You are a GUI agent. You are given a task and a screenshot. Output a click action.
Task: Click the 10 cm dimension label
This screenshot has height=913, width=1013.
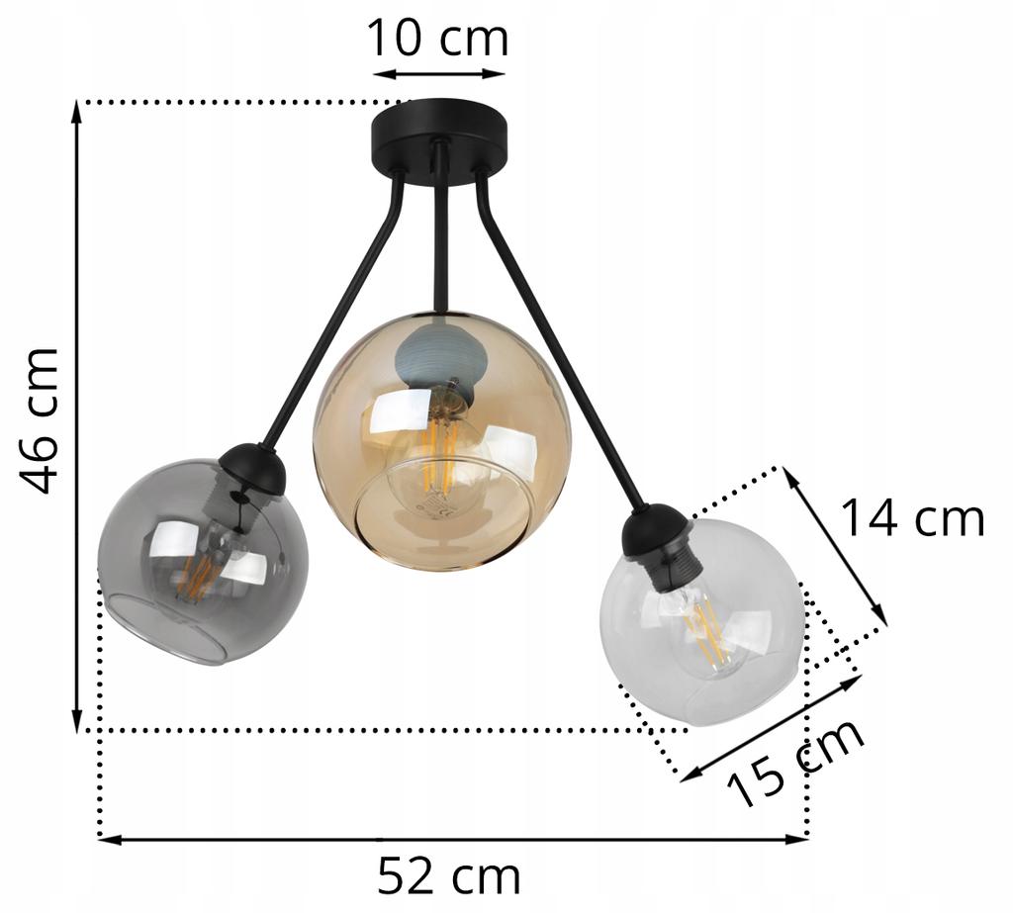(437, 39)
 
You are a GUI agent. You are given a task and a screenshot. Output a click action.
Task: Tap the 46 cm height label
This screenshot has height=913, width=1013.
(41, 419)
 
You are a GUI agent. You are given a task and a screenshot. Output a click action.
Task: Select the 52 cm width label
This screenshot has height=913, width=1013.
(448, 875)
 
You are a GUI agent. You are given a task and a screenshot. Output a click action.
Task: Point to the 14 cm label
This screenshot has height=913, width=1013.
(912, 518)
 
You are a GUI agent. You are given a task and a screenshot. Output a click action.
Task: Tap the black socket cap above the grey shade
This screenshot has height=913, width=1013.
(252, 467)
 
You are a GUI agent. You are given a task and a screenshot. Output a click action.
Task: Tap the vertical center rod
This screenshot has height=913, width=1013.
(441, 247)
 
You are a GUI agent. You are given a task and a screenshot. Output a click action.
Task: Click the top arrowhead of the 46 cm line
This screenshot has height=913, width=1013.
(77, 109)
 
